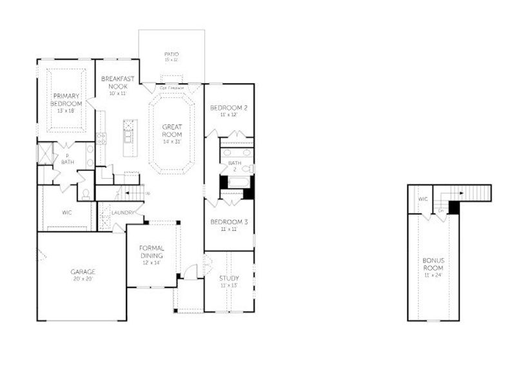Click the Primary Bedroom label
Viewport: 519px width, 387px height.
pos(66,99)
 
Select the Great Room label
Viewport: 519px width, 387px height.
pos(171,131)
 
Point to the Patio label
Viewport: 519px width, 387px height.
pos(171,54)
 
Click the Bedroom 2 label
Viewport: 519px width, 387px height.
pos(229,107)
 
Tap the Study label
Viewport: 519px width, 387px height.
pos(229,278)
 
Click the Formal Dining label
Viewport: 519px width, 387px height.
pos(152,252)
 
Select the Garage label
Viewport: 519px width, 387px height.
pos(83,272)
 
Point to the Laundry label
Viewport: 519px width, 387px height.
pos(122,212)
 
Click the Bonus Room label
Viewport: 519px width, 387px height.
pos(434,264)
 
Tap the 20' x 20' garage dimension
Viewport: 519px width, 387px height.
pos(83,279)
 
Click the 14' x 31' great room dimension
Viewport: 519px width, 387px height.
pos(171,141)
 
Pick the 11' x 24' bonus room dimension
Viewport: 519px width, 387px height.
pos(434,275)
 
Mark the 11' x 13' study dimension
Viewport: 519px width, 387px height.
pos(229,285)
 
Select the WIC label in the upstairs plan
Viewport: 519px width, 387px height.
pos(423,199)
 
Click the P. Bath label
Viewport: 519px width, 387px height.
pos(68,159)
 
